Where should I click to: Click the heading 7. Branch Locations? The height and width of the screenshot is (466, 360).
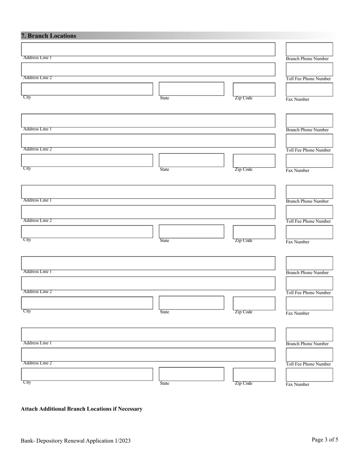49,36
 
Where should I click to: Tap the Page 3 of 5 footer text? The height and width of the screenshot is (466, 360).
325,440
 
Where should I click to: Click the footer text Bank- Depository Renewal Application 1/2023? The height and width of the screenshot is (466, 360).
76,441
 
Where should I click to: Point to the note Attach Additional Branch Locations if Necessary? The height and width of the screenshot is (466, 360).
81,409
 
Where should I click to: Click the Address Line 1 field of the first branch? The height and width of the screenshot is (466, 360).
148,49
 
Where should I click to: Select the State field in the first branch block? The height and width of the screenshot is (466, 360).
191,89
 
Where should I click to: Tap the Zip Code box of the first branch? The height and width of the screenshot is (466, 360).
254,89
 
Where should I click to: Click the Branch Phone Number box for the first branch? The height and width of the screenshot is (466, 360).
309,49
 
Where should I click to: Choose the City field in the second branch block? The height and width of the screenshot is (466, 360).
87,160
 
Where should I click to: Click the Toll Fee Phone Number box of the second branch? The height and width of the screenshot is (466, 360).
309,141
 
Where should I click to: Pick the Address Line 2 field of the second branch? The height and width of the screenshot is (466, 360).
148,141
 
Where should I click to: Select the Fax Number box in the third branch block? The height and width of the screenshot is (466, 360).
309,232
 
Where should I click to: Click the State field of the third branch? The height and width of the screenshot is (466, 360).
191,231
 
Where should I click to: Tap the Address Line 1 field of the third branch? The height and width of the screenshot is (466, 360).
148,192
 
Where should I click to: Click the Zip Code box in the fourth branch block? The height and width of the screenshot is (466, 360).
254,303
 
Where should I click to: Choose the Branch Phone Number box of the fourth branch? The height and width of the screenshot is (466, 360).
309,263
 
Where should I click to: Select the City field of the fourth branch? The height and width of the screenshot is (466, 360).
87,303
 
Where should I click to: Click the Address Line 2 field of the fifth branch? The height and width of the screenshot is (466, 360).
148,355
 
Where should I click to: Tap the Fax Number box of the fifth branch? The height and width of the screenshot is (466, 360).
309,374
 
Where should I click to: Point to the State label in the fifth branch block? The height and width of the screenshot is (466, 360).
164,383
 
